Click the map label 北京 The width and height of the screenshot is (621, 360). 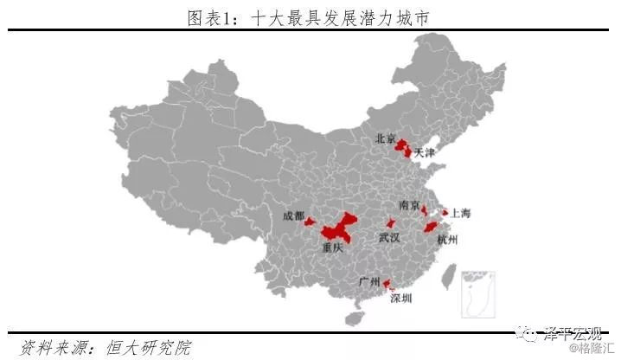coord(385,139)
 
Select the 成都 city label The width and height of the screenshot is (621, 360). coord(293,215)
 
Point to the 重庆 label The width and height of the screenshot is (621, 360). coord(333,247)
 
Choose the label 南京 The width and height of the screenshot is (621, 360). coord(409,206)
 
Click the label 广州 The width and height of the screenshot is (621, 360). coord(369,283)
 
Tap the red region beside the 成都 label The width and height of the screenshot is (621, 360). coord(310,222)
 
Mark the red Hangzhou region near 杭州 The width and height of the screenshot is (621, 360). coord(431,228)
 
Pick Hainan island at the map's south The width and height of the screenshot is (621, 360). coord(352,318)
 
